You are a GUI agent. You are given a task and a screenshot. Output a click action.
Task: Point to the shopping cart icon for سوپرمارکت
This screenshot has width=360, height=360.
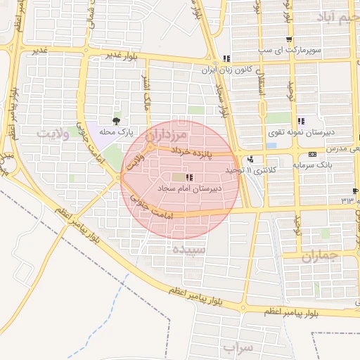click(288, 39)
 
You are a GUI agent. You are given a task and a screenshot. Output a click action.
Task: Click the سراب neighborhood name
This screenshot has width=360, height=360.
click(237, 347)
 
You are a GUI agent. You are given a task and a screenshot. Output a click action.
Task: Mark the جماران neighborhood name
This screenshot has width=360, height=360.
click(320, 257)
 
